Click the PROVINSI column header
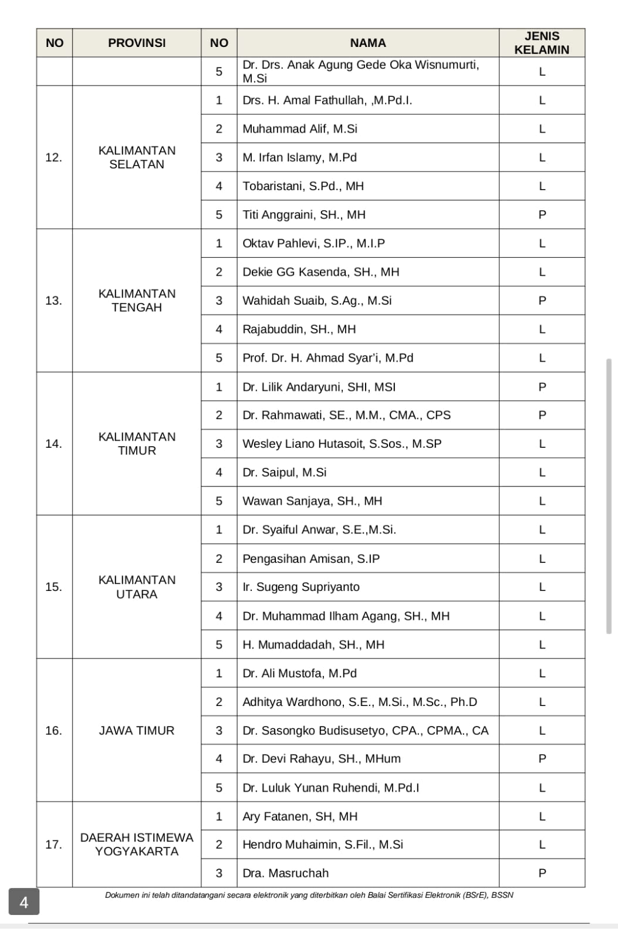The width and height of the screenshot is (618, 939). coord(137,43)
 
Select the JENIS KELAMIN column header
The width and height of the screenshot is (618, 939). coord(542,43)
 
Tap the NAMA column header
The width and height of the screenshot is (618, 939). coord(368,43)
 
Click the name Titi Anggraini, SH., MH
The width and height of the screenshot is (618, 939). coord(304,215)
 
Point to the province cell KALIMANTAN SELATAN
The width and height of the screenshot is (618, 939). coord(137,157)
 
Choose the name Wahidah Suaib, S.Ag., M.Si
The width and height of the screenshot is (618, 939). coord(317,300)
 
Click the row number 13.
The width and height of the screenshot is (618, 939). coord(53,300)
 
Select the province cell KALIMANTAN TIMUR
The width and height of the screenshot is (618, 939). coord(137,444)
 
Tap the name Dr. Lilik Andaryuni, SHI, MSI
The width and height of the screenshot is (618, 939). coord(319,387)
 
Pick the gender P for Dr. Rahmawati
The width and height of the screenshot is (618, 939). coord(542,415)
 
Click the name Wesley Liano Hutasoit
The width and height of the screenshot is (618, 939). coord(342,444)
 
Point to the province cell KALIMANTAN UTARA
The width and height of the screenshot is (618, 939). coord(137,587)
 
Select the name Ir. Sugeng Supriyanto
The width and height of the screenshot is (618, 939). coord(301,587)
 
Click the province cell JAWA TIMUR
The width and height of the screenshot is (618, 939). coord(137,731)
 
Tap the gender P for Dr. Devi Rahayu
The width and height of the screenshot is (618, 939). coord(542,759)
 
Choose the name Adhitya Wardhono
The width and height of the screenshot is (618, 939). coord(360,702)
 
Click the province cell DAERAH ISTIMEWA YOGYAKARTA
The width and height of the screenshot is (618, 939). coord(137,845)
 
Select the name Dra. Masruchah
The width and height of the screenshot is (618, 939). coord(286,873)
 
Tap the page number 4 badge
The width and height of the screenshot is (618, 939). coord(24,902)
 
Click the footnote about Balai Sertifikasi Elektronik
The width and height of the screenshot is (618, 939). coord(309,895)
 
